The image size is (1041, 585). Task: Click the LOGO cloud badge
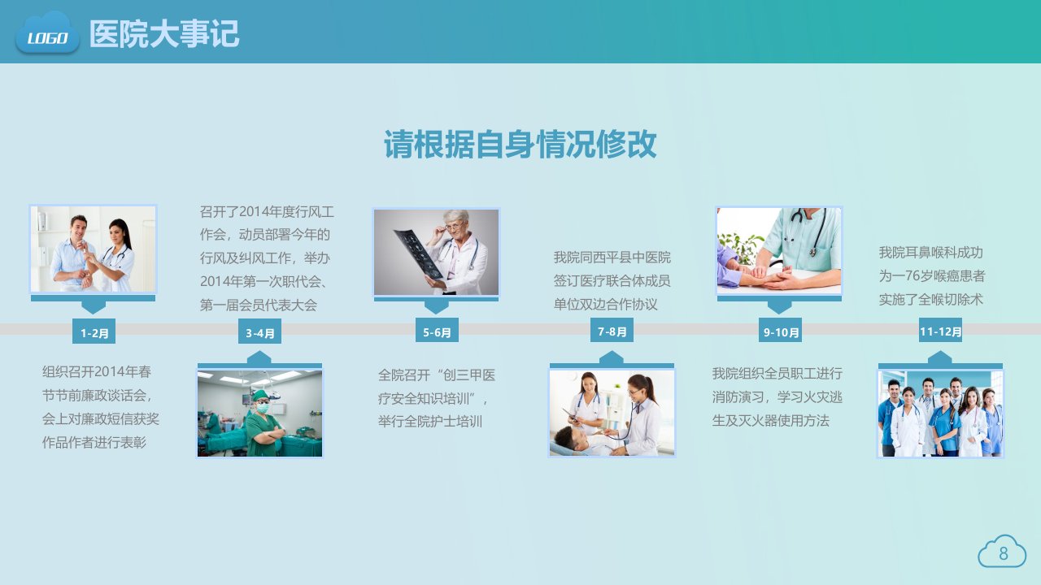pos(47,32)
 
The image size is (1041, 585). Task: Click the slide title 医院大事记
pos(164,34)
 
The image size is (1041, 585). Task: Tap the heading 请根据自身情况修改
pos(520,145)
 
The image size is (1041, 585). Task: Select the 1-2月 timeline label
pos(94,331)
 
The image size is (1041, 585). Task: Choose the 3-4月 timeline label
pos(259,331)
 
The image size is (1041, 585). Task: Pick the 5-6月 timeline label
pos(437,331)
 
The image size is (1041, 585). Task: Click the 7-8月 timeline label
pos(612,330)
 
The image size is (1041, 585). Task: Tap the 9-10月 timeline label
pos(780,331)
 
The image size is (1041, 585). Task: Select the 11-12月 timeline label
pos(940,330)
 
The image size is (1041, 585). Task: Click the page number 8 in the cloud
pos(1004,553)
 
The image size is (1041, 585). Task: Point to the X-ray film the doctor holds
pos(417,253)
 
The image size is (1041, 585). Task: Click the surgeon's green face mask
pos(263,408)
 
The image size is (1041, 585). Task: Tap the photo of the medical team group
pos(940,414)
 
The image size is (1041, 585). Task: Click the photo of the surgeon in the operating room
pos(259,414)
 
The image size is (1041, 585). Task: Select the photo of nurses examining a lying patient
pos(612,414)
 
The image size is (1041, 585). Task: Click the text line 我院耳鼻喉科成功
pos(931,253)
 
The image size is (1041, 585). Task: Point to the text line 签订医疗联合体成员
pos(612,280)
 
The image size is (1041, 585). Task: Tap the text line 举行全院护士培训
pos(430,422)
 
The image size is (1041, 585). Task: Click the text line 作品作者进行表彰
pos(94,442)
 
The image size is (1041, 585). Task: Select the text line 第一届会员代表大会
pos(259,305)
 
